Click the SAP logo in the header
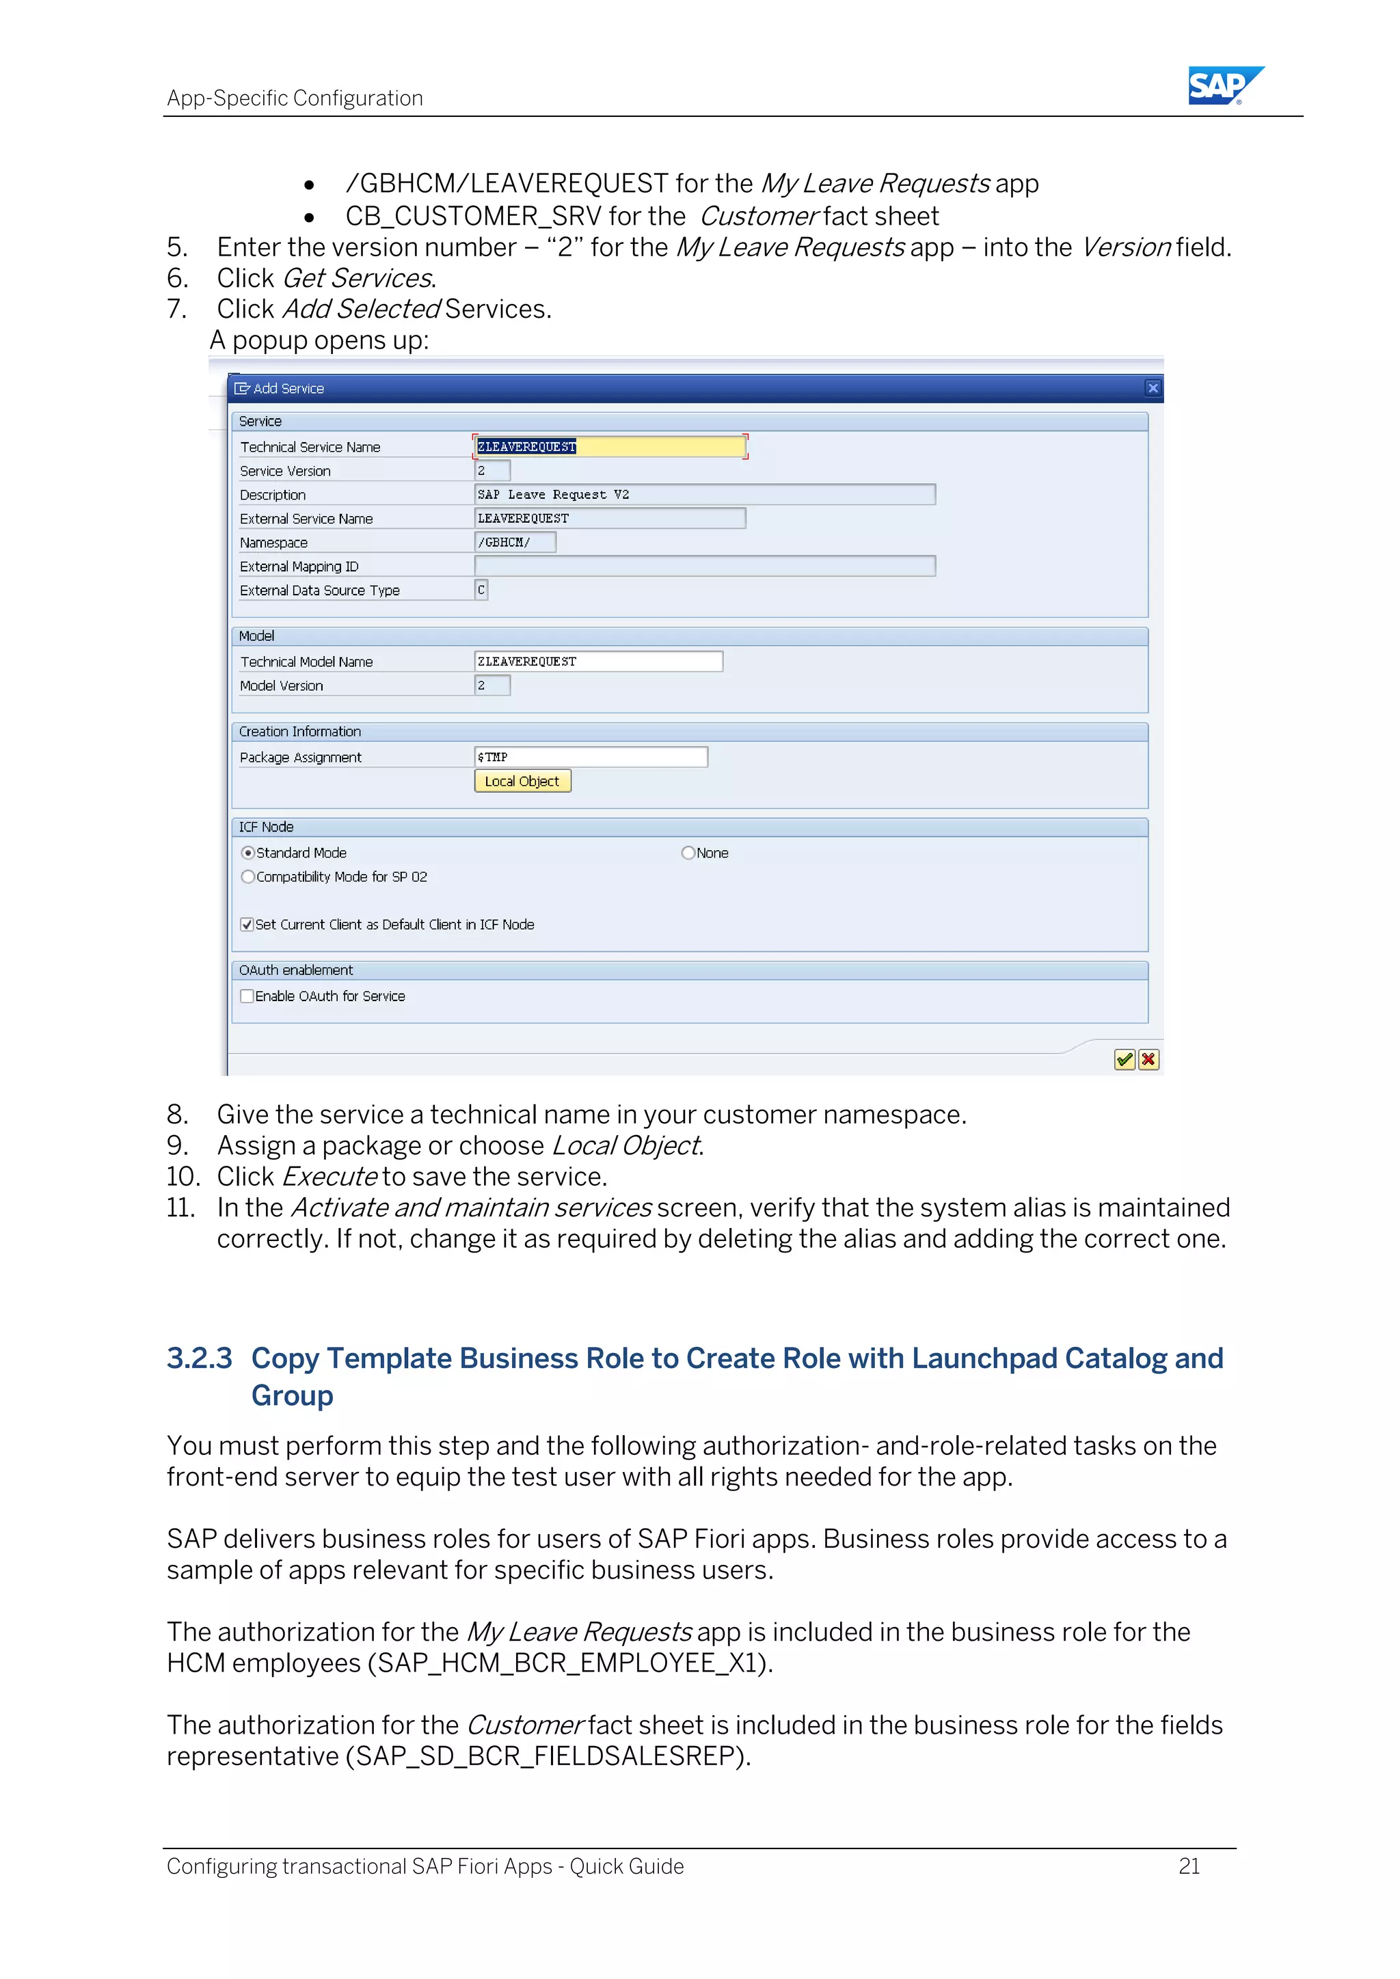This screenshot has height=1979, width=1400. click(1224, 85)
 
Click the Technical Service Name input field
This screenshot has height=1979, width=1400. click(610, 446)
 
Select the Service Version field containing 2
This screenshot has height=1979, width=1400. click(492, 471)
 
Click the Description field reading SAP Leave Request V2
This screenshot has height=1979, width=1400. click(703, 495)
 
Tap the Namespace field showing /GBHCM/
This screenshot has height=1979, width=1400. click(515, 542)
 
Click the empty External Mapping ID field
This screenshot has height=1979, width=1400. click(703, 567)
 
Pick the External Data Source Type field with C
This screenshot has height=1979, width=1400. click(481, 590)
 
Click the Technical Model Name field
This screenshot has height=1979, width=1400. click(597, 661)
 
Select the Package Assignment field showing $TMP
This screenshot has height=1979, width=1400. click(591, 756)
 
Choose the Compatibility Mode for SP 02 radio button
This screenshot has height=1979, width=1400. click(248, 877)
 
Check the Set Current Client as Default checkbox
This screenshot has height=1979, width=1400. click(247, 924)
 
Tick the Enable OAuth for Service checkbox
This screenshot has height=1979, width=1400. click(247, 996)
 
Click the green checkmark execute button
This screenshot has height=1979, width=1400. click(1124, 1059)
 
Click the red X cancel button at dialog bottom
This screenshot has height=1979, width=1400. click(1148, 1059)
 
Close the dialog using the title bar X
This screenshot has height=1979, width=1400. click(1153, 388)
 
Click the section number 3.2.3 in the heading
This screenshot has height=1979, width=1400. click(199, 1359)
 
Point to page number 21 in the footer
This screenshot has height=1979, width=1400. click(1189, 1866)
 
